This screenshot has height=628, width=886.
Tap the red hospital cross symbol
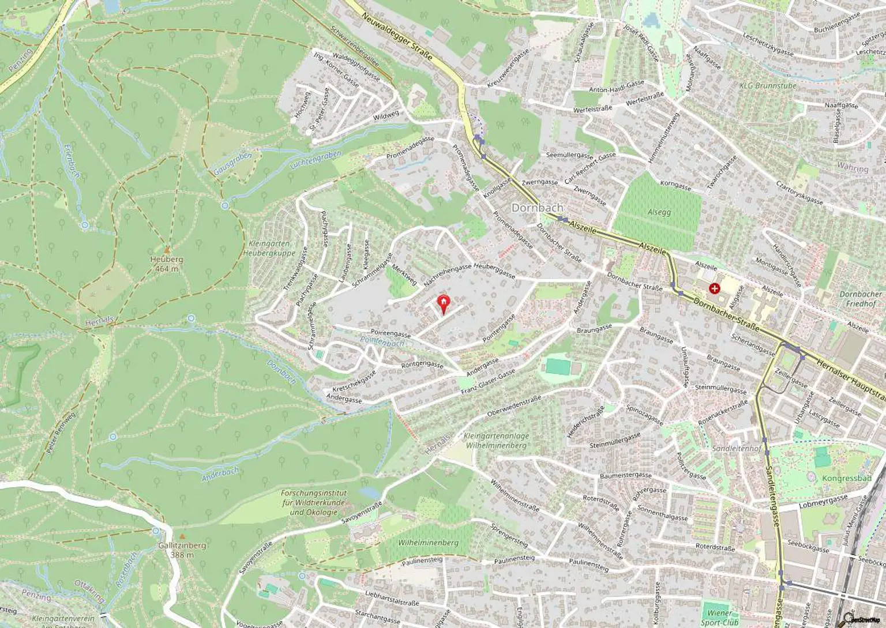(715, 287)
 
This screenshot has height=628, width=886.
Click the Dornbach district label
(538, 208)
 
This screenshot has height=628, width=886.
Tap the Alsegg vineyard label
(659, 212)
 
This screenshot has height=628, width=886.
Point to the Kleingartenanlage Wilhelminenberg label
(496, 441)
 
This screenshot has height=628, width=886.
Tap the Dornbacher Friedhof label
(861, 298)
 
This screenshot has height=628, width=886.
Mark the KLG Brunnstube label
(767, 86)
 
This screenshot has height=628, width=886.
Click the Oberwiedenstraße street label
(514, 406)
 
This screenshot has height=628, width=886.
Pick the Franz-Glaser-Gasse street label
(487, 383)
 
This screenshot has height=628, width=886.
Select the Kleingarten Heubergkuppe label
(269, 248)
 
